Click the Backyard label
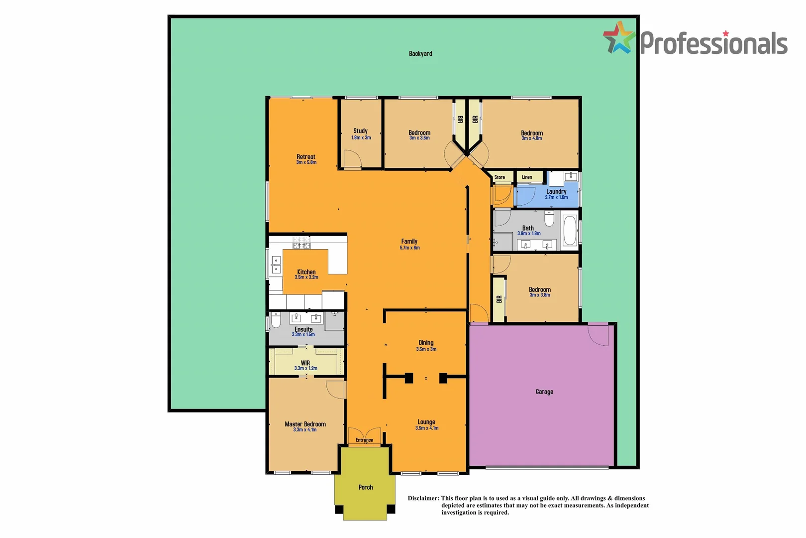[x=420, y=54]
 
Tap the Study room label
[x=361, y=131]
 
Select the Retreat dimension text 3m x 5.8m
[x=306, y=162]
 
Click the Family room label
[x=409, y=242]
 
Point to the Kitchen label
[x=306, y=272]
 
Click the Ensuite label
[x=303, y=329]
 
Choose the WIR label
[x=305, y=363]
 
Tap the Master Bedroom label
[x=305, y=424]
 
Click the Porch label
[x=366, y=487]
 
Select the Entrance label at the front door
[x=364, y=440]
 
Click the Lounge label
[x=426, y=422]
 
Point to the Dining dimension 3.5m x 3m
[x=426, y=349]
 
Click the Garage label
[x=544, y=392]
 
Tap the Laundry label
[x=556, y=191]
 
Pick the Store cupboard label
[x=500, y=177]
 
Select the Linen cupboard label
[x=527, y=177]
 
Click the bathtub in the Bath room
[x=570, y=231]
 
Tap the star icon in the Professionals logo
[x=619, y=38]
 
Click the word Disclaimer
[x=423, y=498]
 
